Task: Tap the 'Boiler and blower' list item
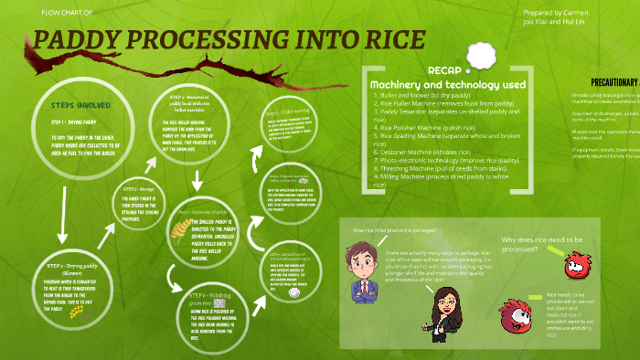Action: point(421,94)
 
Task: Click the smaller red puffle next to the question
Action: point(574,267)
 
